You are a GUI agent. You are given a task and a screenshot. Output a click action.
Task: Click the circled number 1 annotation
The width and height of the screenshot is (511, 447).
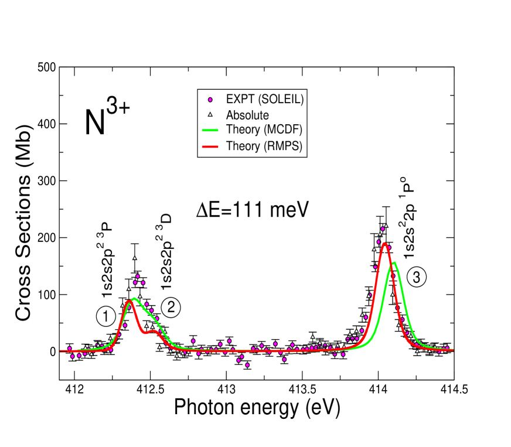point(105,317)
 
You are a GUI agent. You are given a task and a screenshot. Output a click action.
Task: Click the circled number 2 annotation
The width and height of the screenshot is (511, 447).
point(171,306)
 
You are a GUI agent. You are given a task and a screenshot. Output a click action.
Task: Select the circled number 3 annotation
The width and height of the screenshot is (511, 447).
point(417,279)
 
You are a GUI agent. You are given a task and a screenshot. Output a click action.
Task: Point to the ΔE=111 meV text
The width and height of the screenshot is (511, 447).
point(252,209)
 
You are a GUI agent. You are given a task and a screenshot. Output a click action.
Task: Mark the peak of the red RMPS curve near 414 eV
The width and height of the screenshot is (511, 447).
point(384,243)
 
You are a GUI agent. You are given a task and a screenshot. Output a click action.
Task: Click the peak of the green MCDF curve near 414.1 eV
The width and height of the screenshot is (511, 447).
point(396,262)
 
